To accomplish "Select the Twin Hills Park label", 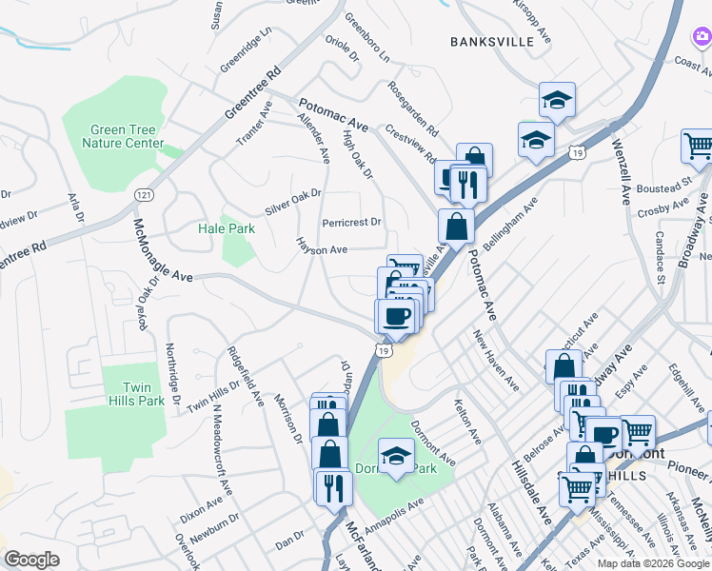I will (144, 394).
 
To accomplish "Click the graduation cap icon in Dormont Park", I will (396, 455).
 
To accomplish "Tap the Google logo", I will (32, 560).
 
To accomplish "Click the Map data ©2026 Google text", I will (652, 562).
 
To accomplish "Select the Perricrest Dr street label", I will (351, 223).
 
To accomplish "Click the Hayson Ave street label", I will (322, 247).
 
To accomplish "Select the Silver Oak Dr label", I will (293, 201).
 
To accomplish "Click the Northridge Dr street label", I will (173, 374).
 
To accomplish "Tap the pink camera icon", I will (700, 36).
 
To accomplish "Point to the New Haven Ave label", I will (496, 360).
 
